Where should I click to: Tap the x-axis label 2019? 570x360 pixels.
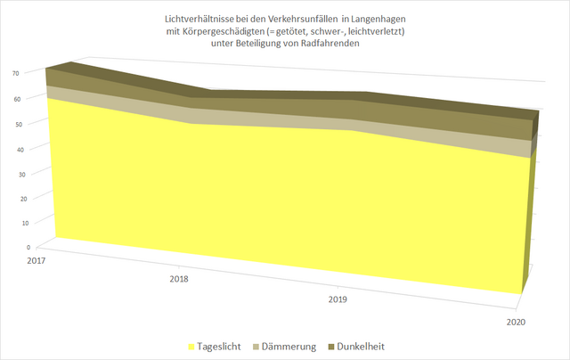click(337, 300)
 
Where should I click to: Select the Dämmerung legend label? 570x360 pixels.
click(288, 346)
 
